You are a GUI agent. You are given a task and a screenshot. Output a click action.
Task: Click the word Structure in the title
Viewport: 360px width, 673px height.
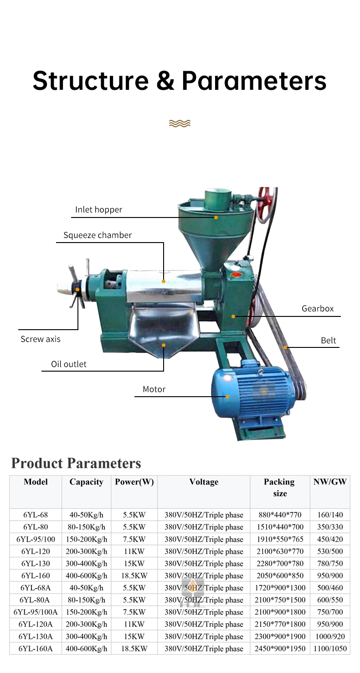tap(91, 80)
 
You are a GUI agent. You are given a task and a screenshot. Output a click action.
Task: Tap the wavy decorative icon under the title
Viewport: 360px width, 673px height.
tap(179, 123)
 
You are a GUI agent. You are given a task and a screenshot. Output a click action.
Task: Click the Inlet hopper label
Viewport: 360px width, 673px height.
tap(98, 210)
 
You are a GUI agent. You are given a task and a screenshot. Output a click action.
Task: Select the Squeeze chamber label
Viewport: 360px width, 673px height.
tap(98, 235)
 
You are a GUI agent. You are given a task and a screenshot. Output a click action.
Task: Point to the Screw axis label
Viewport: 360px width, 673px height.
tap(41, 339)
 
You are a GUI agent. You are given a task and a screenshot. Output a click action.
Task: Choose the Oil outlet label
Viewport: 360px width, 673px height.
tap(69, 364)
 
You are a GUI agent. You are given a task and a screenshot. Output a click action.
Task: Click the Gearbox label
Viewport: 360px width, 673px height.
tap(318, 309)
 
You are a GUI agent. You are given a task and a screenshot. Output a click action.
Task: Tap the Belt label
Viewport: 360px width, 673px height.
tap(328, 341)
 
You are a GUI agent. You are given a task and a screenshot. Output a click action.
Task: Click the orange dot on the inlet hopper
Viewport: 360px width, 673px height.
tap(216, 217)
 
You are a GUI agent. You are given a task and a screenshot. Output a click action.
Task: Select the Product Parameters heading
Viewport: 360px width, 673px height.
tap(76, 463)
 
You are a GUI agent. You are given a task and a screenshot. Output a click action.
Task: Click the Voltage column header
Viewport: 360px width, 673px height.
tap(204, 482)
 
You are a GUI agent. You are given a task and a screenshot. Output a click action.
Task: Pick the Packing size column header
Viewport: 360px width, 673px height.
tap(279, 487)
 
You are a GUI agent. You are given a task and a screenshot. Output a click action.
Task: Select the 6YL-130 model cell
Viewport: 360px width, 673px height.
tap(36, 564)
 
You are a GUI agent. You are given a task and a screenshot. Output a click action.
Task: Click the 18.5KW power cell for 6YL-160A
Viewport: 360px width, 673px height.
tap(134, 648)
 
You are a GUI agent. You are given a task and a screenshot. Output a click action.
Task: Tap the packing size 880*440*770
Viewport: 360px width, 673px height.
tap(280, 515)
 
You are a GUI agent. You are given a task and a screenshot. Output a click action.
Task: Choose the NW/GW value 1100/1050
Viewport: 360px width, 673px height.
tap(330, 648)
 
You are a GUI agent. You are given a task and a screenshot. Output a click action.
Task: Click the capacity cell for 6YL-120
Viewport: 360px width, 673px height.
tap(86, 551)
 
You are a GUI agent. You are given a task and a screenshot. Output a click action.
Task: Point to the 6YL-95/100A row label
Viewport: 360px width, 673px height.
tap(36, 612)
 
